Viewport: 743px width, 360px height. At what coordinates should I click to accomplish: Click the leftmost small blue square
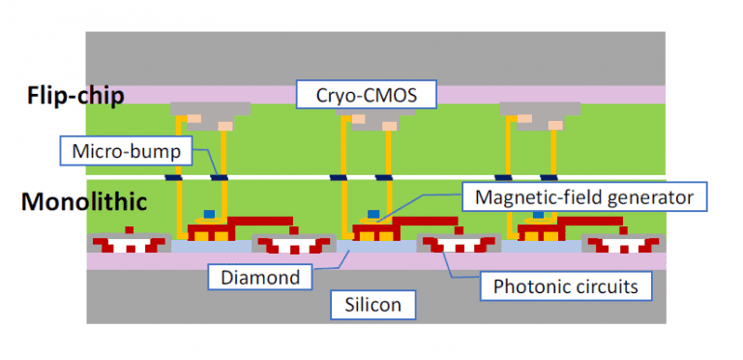pyautogui.click(x=207, y=214)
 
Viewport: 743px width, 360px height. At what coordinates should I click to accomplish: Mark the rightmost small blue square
pyautogui.click(x=537, y=214)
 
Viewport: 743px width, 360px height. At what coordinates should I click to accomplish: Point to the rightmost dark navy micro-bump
pyautogui.click(x=549, y=177)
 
